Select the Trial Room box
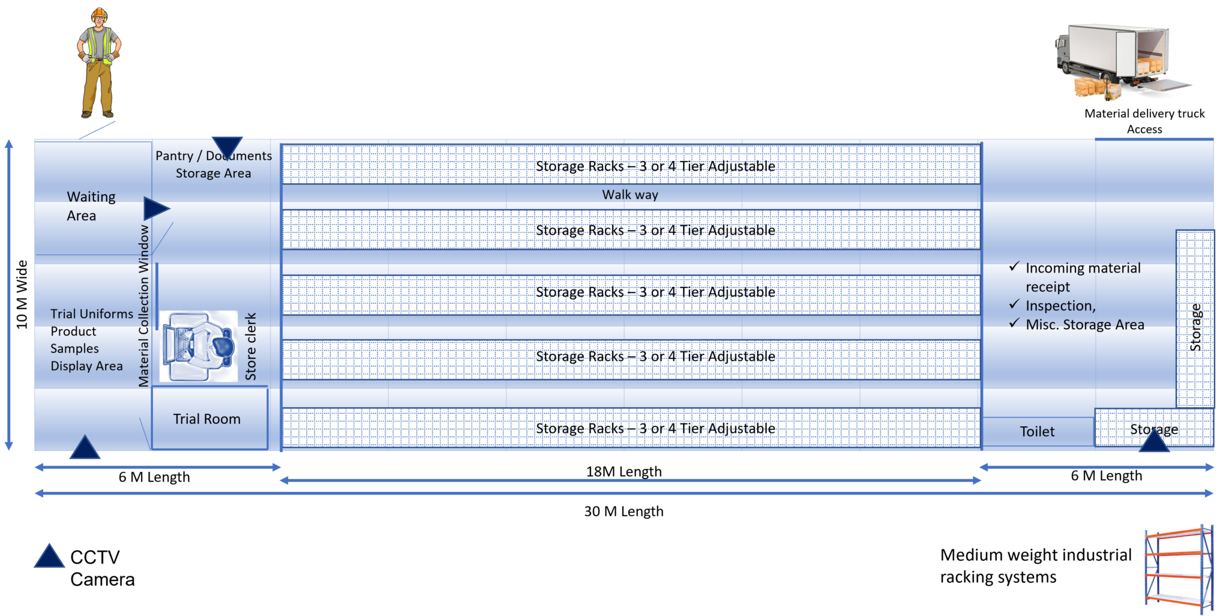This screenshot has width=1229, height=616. click(x=209, y=418)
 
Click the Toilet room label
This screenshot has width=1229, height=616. click(x=1037, y=431)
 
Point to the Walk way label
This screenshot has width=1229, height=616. click(x=630, y=195)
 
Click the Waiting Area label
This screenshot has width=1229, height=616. click(x=91, y=206)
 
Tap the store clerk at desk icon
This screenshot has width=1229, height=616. click(x=199, y=346)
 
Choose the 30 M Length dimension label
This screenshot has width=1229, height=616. click(x=624, y=512)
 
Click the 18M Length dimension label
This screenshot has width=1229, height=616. click(x=624, y=471)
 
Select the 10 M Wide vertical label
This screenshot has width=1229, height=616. click(x=22, y=295)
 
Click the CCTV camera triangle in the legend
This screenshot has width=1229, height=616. click(x=49, y=556)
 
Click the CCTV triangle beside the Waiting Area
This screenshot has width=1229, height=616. click(x=156, y=208)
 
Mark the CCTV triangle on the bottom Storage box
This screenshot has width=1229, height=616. click(x=1154, y=440)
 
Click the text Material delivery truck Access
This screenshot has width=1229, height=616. click(x=1144, y=121)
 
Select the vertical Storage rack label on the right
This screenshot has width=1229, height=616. click(x=1195, y=327)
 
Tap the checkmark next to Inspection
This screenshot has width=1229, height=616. click(x=1014, y=304)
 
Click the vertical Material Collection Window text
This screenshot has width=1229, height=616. click(x=143, y=306)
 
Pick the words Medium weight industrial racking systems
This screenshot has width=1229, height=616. click(x=1036, y=566)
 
